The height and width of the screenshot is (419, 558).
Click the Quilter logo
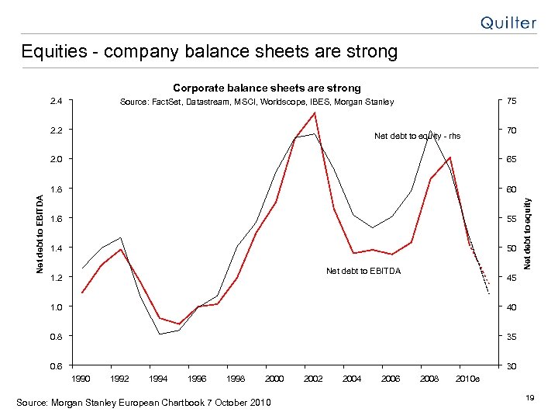(508, 23)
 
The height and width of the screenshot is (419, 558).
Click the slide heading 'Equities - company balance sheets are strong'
(209, 52)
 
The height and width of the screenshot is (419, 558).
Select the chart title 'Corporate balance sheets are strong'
(267, 88)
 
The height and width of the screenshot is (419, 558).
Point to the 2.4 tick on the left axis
(55, 101)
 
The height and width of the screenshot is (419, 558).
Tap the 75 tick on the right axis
(512, 101)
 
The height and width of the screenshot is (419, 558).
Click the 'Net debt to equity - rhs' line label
(417, 136)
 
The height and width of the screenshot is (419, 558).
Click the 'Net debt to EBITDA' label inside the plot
(363, 271)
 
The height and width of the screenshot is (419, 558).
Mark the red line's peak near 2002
(314, 113)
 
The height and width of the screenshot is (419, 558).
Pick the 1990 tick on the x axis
(81, 378)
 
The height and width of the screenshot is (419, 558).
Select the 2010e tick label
(467, 378)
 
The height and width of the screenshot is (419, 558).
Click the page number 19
(530, 397)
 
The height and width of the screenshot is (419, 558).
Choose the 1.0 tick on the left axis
(55, 306)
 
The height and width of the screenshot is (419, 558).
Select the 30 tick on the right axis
(512, 365)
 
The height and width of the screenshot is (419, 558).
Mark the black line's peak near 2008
(430, 131)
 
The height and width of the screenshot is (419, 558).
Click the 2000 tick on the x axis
(274, 378)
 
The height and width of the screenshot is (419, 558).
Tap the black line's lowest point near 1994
(160, 334)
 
